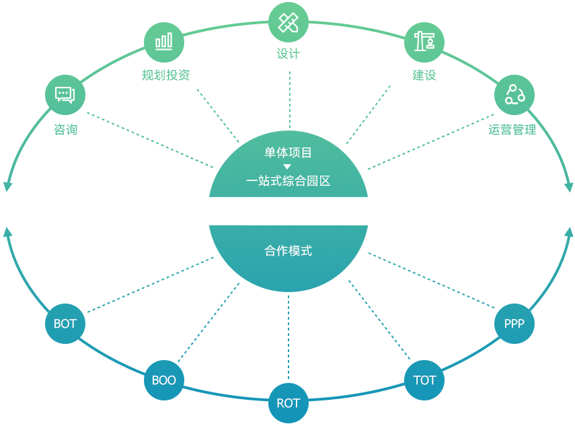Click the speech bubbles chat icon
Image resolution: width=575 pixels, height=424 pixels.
coord(65,95)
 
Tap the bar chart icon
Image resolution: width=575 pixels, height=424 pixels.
coord(163,42)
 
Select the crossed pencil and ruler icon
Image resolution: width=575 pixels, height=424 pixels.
coord(288,23)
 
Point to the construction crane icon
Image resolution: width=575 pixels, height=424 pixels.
coord(424,41)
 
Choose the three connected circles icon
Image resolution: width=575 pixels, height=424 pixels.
coord(514,94)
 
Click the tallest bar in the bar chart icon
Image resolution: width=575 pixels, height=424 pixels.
coord(169,40)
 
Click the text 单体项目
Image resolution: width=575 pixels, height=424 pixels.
coord(288,153)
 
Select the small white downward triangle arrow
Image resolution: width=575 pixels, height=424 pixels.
coord(287,167)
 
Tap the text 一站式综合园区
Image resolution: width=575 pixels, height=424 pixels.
coord(288,181)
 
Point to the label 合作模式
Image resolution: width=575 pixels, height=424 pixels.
coord(288,251)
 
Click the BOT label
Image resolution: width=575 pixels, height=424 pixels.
coord(65,324)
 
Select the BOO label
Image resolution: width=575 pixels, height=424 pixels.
coord(163,380)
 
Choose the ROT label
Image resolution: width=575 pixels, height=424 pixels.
coord(288,403)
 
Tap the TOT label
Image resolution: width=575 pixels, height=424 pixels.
coord(424,380)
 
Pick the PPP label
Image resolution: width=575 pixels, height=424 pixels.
coord(514,324)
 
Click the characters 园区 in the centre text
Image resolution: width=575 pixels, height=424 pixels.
coord(319,181)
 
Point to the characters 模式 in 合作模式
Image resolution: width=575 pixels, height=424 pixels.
coord(300,251)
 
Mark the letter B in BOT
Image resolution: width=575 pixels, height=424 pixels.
coord(58,324)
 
